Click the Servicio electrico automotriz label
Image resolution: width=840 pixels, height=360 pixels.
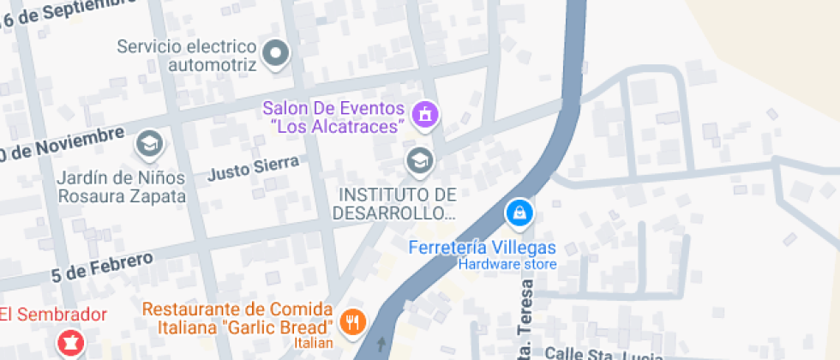(x=187, y=55)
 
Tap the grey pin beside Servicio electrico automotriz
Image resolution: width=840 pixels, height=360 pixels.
(x=275, y=54)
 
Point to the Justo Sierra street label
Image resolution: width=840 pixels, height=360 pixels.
(x=253, y=168)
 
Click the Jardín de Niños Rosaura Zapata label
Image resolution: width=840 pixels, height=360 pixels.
(x=122, y=187)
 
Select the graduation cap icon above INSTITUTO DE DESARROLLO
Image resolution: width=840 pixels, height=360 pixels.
(x=419, y=159)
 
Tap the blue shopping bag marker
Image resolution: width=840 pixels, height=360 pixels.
(x=519, y=213)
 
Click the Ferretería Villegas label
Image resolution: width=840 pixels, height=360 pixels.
(x=483, y=248)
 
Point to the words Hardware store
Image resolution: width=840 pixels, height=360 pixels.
(x=507, y=264)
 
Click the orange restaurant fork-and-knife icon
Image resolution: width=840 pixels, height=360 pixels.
(x=352, y=322)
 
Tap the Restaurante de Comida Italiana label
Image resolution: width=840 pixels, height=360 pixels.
(x=237, y=318)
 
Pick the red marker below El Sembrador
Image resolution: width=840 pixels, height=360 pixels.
(x=69, y=345)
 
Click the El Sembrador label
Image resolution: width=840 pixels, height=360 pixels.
(x=53, y=314)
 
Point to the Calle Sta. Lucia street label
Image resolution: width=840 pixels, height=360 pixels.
(x=600, y=353)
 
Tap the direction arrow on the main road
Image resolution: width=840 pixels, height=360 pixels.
(x=381, y=345)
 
